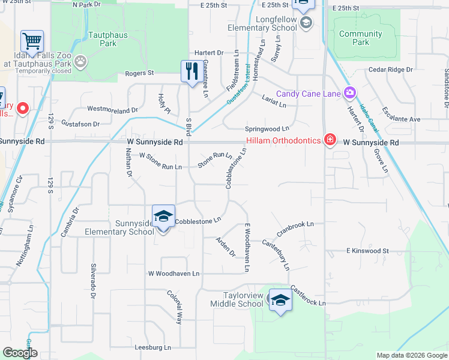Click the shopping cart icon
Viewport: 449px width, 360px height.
[32, 41]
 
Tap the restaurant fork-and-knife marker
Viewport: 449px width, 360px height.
[190, 71]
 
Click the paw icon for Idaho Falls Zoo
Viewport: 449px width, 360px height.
[80, 61]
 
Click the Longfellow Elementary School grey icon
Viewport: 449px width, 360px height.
[306, 23]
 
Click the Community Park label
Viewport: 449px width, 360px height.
[360, 38]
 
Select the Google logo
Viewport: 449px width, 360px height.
[20, 353]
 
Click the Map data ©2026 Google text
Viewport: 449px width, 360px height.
[411, 355]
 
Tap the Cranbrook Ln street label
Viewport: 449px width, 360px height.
[295, 227]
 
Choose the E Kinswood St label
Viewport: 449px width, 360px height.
[367, 251]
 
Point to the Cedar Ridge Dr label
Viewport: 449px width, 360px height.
[391, 70]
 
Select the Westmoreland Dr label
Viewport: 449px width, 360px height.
[112, 109]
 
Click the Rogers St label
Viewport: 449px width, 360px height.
[139, 73]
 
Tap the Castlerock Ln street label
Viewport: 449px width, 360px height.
[308, 296]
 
